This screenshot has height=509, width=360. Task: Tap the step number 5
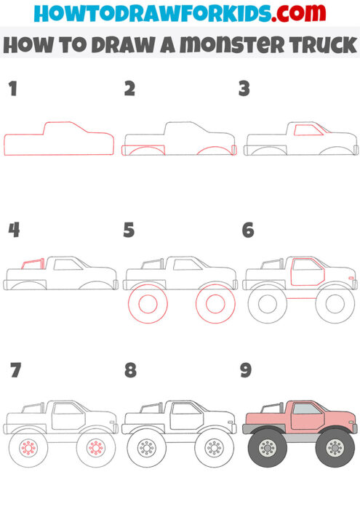point(129,231)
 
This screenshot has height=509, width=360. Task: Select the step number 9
point(246,371)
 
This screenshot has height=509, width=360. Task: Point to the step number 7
point(15,371)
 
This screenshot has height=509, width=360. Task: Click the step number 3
point(244,89)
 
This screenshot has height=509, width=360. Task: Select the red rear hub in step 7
point(29,446)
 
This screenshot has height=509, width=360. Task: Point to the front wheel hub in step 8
point(215,446)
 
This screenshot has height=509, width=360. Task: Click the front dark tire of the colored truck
point(335,446)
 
